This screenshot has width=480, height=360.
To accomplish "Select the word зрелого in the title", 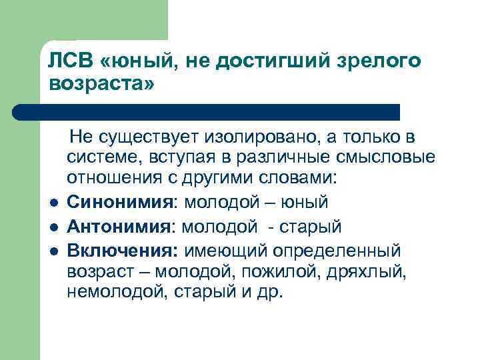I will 382,61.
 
